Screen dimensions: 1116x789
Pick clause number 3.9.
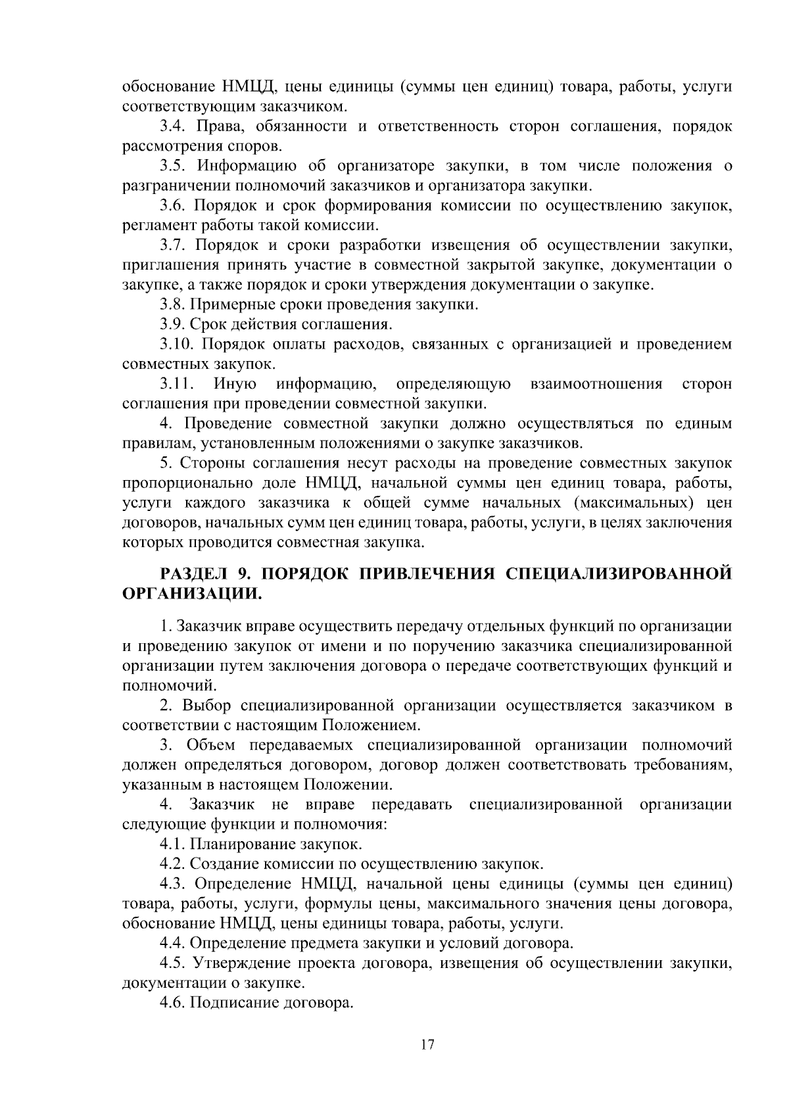[173, 324]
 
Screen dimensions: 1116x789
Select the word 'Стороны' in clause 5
[211, 463]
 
